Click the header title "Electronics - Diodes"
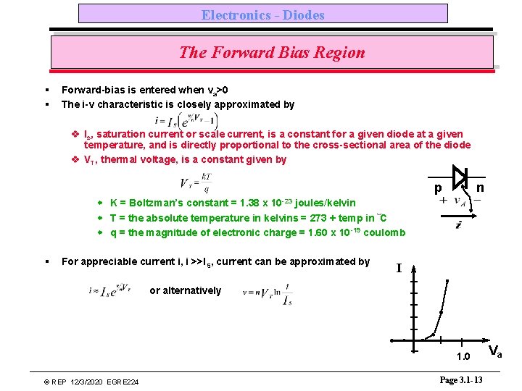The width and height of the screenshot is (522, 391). pos(262,14)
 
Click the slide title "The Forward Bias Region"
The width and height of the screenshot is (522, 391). pos(272,52)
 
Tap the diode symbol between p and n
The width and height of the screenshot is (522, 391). pos(459,176)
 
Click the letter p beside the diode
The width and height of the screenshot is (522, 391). pos(438,188)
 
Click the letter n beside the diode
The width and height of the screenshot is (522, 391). pos(480,188)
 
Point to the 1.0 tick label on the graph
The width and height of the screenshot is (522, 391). pos(463,356)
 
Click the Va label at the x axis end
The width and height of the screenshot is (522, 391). pos(496,353)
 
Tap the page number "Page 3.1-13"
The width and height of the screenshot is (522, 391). pos(460,380)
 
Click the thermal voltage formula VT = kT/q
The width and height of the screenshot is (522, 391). pos(195,182)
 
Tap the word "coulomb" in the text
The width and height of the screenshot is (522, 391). pos(384,232)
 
